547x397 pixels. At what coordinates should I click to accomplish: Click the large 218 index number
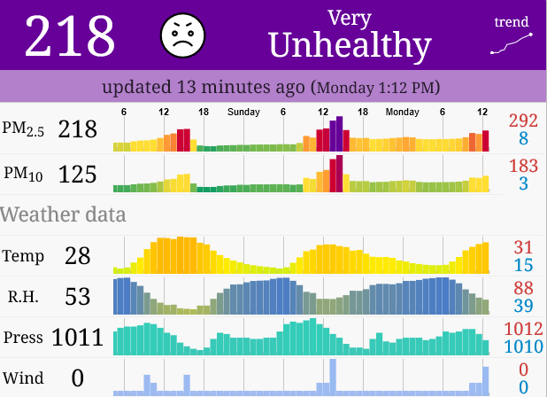pyautogui.click(x=70, y=36)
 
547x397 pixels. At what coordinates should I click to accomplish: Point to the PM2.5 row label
pyautogui.click(x=23, y=129)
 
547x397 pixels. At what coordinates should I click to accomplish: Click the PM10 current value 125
pyautogui.click(x=77, y=175)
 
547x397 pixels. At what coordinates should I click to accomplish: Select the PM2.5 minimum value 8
pyautogui.click(x=523, y=139)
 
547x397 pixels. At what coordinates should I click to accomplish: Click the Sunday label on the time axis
pyautogui.click(x=243, y=113)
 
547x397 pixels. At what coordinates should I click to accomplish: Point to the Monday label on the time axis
pyautogui.click(x=402, y=113)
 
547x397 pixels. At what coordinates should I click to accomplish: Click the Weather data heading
pyautogui.click(x=63, y=214)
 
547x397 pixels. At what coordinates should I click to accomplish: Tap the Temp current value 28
pyautogui.click(x=77, y=256)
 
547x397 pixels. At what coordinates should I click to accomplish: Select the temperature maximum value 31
pyautogui.click(x=523, y=246)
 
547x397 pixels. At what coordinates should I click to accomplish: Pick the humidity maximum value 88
pyautogui.click(x=523, y=287)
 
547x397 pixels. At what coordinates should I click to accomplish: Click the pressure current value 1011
pyautogui.click(x=77, y=338)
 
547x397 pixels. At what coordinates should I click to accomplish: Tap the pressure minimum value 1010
pyautogui.click(x=523, y=346)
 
